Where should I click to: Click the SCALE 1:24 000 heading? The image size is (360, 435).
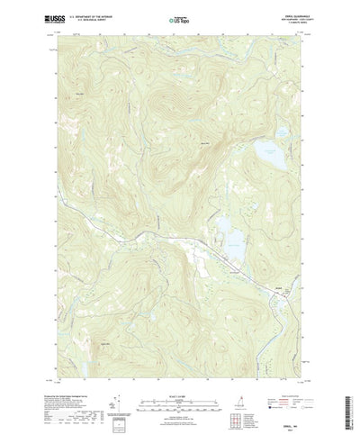(179, 381)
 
